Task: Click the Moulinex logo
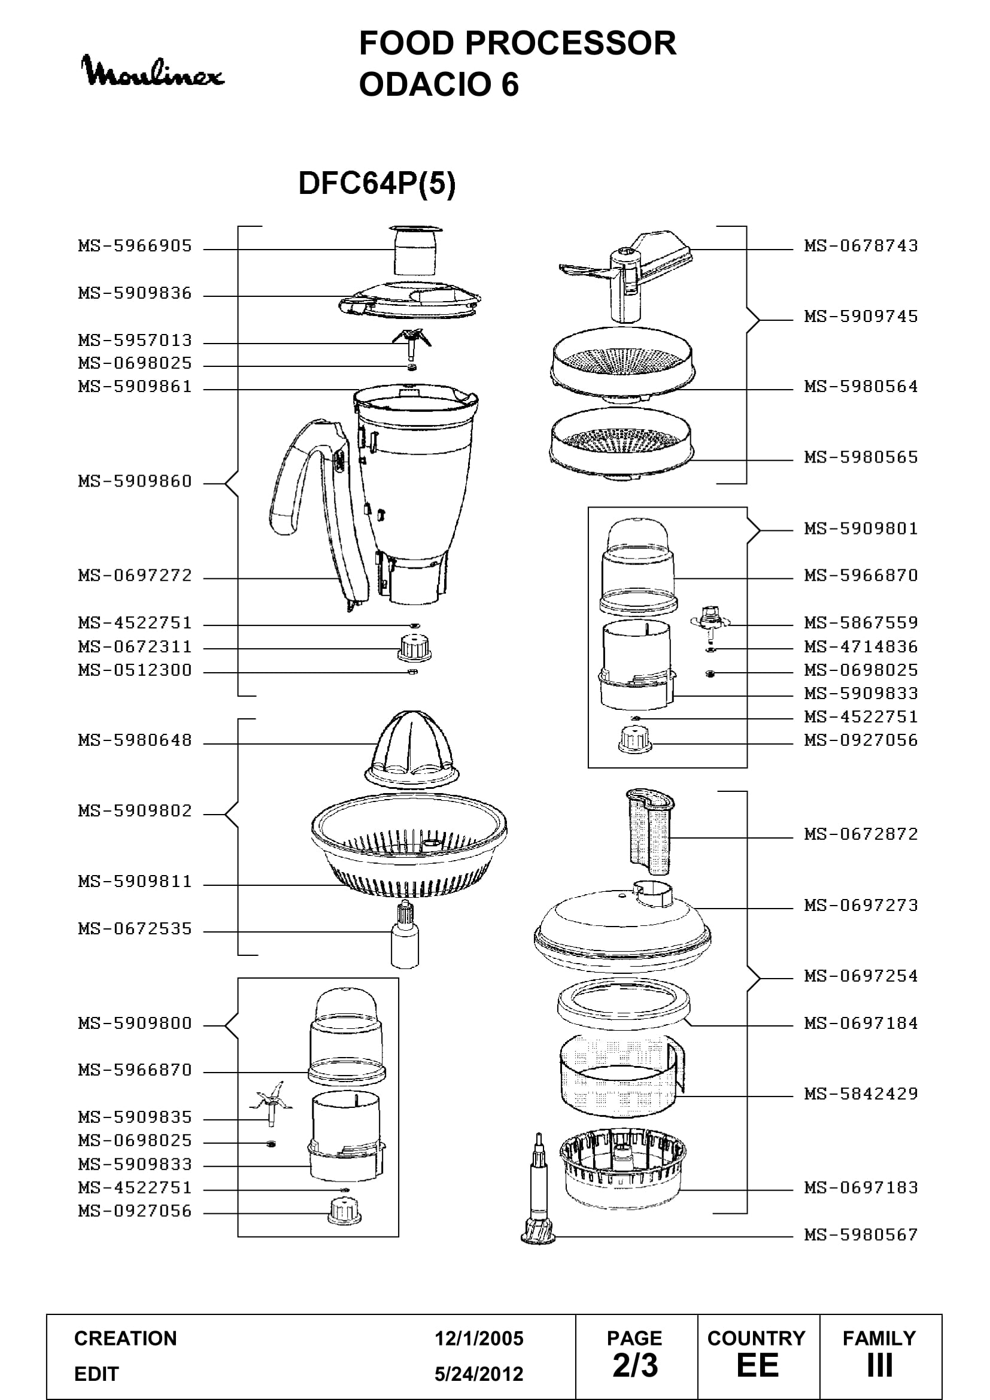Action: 153,71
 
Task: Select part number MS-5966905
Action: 135,246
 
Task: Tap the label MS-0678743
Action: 861,246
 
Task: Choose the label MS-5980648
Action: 135,740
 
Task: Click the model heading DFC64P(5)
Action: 376,183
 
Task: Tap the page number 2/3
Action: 635,1365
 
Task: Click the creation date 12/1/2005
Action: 479,1338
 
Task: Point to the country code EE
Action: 757,1365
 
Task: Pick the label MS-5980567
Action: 861,1235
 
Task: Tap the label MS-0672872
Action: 861,834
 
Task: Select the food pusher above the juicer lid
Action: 651,833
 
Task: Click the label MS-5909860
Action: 135,481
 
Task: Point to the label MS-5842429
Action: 861,1094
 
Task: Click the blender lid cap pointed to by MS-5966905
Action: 415,250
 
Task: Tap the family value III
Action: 879,1365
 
